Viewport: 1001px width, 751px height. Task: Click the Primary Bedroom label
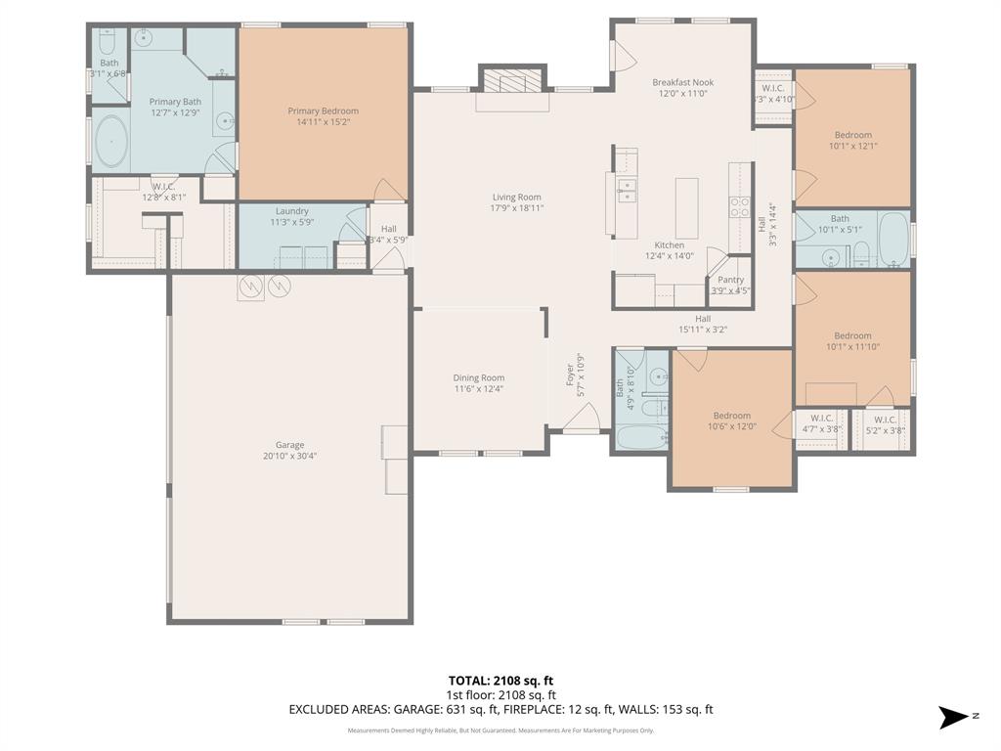click(x=323, y=111)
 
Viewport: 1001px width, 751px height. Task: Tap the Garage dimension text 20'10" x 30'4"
click(x=289, y=456)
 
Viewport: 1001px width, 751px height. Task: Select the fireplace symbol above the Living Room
click(x=512, y=81)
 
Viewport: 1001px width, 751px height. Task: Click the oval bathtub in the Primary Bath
click(x=111, y=144)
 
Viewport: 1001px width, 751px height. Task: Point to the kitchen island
click(x=687, y=207)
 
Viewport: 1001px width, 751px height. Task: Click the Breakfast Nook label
click(x=682, y=83)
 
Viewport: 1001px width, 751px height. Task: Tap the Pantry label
click(x=730, y=280)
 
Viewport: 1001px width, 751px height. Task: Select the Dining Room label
click(x=478, y=377)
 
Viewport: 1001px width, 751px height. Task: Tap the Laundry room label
click(x=291, y=211)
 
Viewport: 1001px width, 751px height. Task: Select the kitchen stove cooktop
click(x=738, y=205)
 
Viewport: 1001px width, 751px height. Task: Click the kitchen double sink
click(x=625, y=190)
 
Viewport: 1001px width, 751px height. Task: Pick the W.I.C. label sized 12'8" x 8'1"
click(x=163, y=186)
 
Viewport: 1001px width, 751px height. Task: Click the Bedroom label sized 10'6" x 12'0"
click(x=731, y=416)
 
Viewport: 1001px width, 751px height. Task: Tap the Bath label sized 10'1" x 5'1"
click(x=840, y=219)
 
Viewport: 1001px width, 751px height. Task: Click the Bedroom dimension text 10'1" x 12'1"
click(x=852, y=147)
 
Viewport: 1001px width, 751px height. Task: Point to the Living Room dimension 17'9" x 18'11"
click(x=516, y=208)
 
